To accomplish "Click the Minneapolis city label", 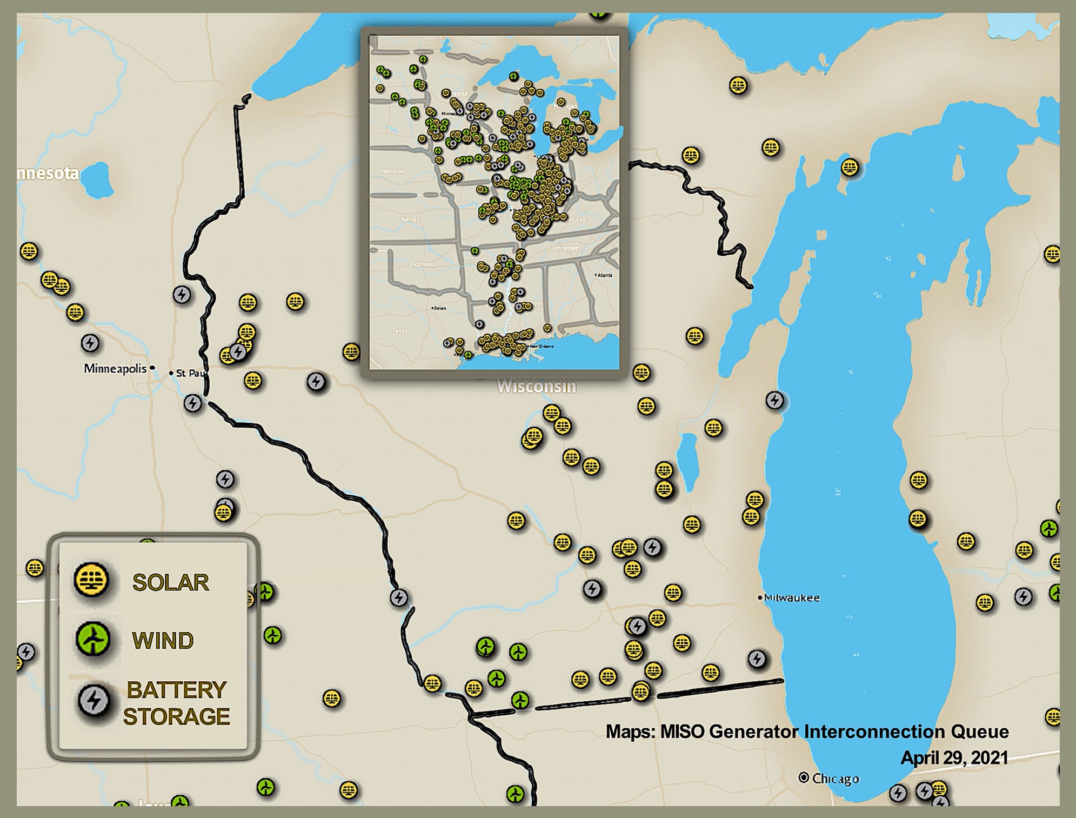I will (x=115, y=369).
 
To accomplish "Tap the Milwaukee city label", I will (x=792, y=598).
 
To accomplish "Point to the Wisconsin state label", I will (x=536, y=387).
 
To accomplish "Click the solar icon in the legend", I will (x=91, y=580).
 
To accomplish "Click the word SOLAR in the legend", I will (x=170, y=582).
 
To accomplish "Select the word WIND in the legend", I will (x=163, y=641).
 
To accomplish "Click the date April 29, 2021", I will (x=954, y=757).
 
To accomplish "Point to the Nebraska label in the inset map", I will (x=392, y=171).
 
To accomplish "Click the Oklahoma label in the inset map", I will (x=422, y=264).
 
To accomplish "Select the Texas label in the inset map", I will (x=399, y=330).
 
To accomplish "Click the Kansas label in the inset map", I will (x=410, y=219).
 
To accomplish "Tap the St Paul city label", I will (x=191, y=373).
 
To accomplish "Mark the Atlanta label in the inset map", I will (x=605, y=275).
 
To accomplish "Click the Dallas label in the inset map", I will (x=439, y=308).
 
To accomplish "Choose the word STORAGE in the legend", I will (x=176, y=716).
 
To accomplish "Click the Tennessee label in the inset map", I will (x=565, y=248).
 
